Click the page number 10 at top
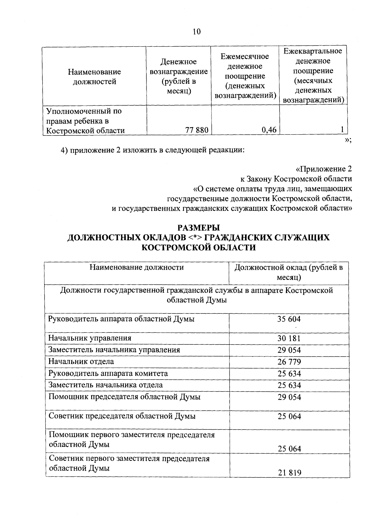pos(196,32)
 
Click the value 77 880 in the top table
pos(196,130)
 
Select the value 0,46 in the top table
pos(269,130)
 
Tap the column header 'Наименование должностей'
pos(94,77)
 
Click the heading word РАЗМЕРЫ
pos(199,227)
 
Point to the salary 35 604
pos(289,319)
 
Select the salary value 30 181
pos(289,338)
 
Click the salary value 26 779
pos(289,362)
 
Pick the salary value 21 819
pos(290,472)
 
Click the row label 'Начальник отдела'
pos(81,361)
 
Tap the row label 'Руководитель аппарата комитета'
pos(108,373)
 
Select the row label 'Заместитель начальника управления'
pos(114,350)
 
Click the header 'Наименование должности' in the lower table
pos(137,267)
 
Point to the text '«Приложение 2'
pos(324,169)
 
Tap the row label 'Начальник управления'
pos(90,338)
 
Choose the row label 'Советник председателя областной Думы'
pos(122,416)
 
